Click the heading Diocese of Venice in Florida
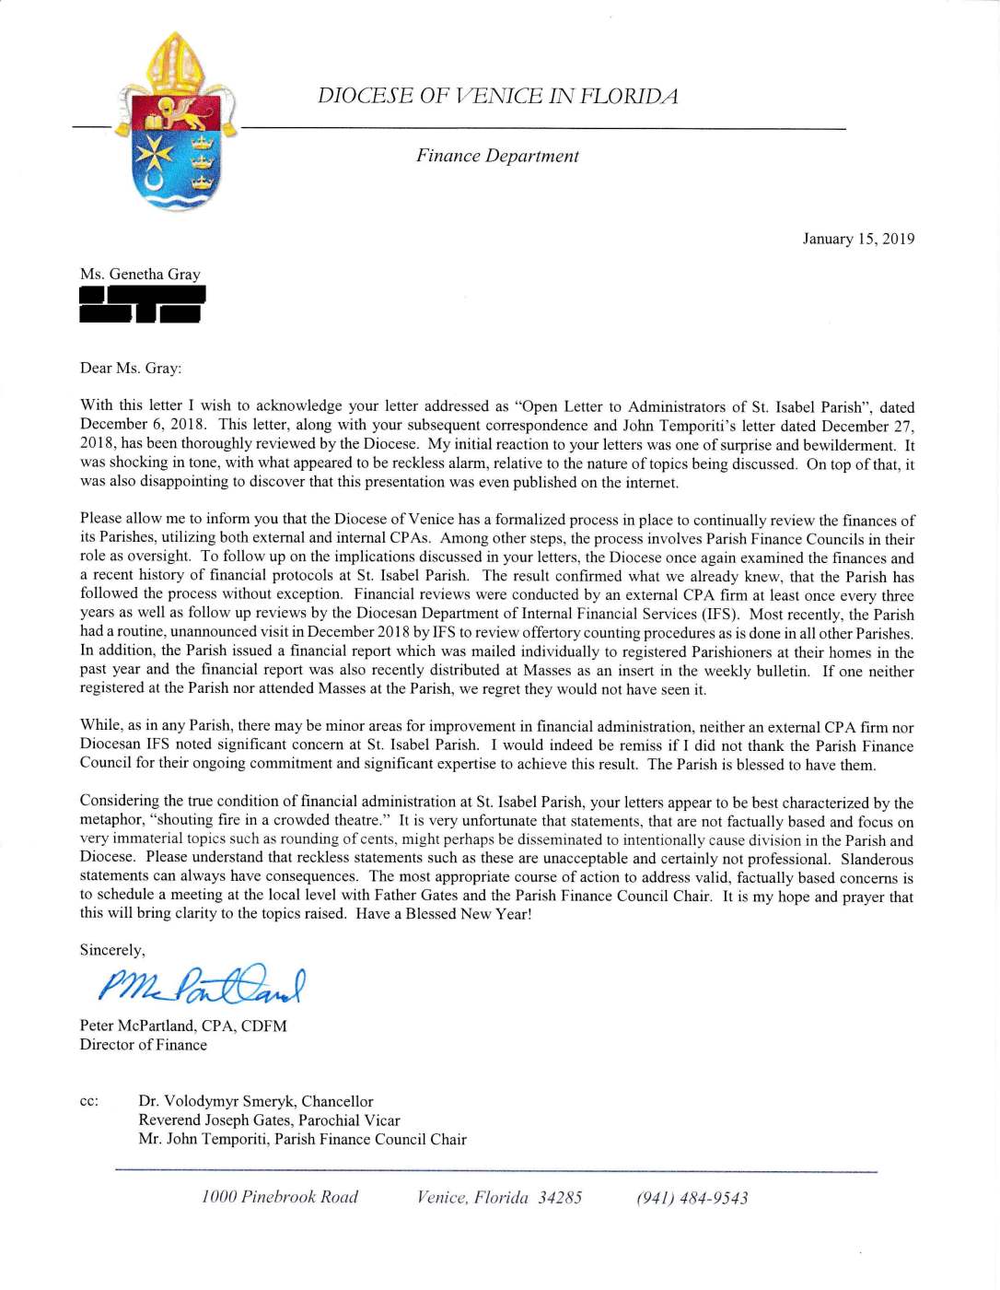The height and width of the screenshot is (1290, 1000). point(497,96)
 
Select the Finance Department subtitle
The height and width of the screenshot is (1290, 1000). point(497,156)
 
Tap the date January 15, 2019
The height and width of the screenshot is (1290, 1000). point(858,239)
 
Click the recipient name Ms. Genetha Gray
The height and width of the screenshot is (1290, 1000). point(140,274)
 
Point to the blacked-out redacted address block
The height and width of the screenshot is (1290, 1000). point(142,304)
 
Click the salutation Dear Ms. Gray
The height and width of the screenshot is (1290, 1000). point(131,368)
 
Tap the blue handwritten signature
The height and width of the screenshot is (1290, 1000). point(201,986)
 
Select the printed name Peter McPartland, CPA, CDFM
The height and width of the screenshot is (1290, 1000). point(183,1026)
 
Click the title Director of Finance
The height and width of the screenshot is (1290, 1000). point(144,1045)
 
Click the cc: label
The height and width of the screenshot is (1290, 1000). point(89,1101)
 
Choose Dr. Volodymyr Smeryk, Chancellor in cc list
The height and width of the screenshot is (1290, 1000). point(256,1101)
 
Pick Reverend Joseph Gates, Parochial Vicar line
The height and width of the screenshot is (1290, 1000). point(269,1120)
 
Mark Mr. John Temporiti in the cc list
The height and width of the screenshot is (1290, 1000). point(302,1139)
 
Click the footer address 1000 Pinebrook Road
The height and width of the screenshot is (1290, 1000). point(280,1197)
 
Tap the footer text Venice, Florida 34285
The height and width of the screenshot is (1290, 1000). point(499,1197)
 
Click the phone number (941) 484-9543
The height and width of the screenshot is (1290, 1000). point(692,1198)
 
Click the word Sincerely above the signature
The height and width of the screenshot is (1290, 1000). point(112,950)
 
